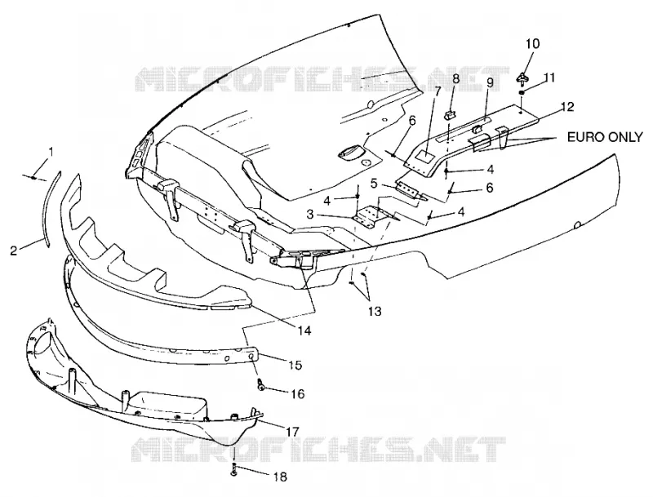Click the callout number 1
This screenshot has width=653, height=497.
[51, 152]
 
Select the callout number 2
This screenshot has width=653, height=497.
[14, 251]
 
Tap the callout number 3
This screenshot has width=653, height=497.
[310, 215]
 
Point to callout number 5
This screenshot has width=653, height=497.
[374, 183]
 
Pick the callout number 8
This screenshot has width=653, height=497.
[456, 78]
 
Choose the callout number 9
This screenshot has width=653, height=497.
[490, 82]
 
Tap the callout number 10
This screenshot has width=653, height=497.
[533, 44]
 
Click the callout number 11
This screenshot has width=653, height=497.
[549, 78]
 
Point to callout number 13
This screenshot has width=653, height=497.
[375, 311]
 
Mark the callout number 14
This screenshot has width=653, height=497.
[304, 331]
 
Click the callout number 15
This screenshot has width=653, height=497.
[295, 365]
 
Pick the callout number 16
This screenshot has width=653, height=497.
[298, 393]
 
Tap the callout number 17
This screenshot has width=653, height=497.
[292, 432]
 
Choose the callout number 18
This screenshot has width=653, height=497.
[280, 477]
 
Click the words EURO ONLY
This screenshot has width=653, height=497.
[605, 137]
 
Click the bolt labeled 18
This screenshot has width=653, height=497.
[233, 469]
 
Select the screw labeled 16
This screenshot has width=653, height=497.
[261, 385]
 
